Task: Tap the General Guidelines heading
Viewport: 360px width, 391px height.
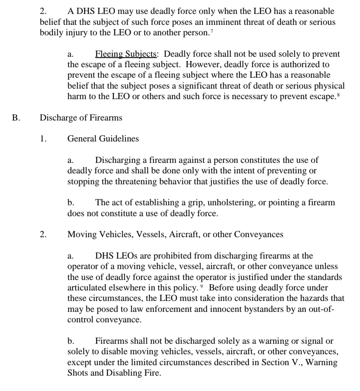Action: click(x=103, y=138)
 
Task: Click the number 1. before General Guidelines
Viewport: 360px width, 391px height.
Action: click(x=42, y=138)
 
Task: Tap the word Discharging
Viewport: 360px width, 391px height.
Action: click(x=118, y=160)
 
